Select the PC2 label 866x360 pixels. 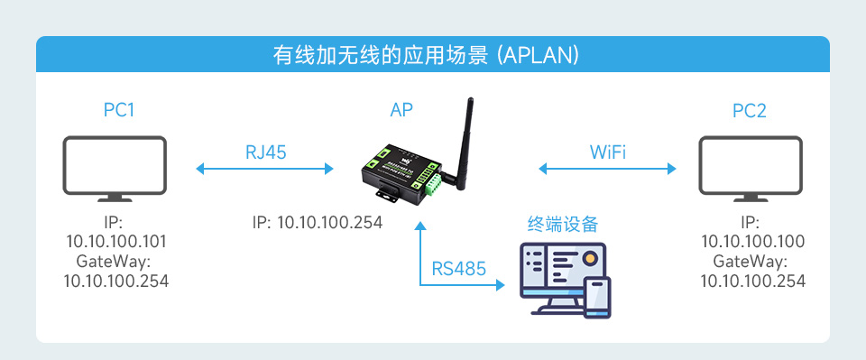point(750,111)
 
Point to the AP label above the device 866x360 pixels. point(402,111)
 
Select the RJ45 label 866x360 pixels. point(265,152)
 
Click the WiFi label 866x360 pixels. point(608,152)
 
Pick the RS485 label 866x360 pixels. point(459,267)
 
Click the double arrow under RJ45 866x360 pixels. point(265,168)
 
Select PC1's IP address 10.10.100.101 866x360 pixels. point(116,242)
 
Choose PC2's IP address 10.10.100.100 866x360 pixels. point(753,242)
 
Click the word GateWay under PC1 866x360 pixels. point(116,262)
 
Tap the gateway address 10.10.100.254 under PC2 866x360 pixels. point(753,281)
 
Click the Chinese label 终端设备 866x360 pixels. point(563,223)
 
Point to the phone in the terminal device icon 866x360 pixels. point(596,298)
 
